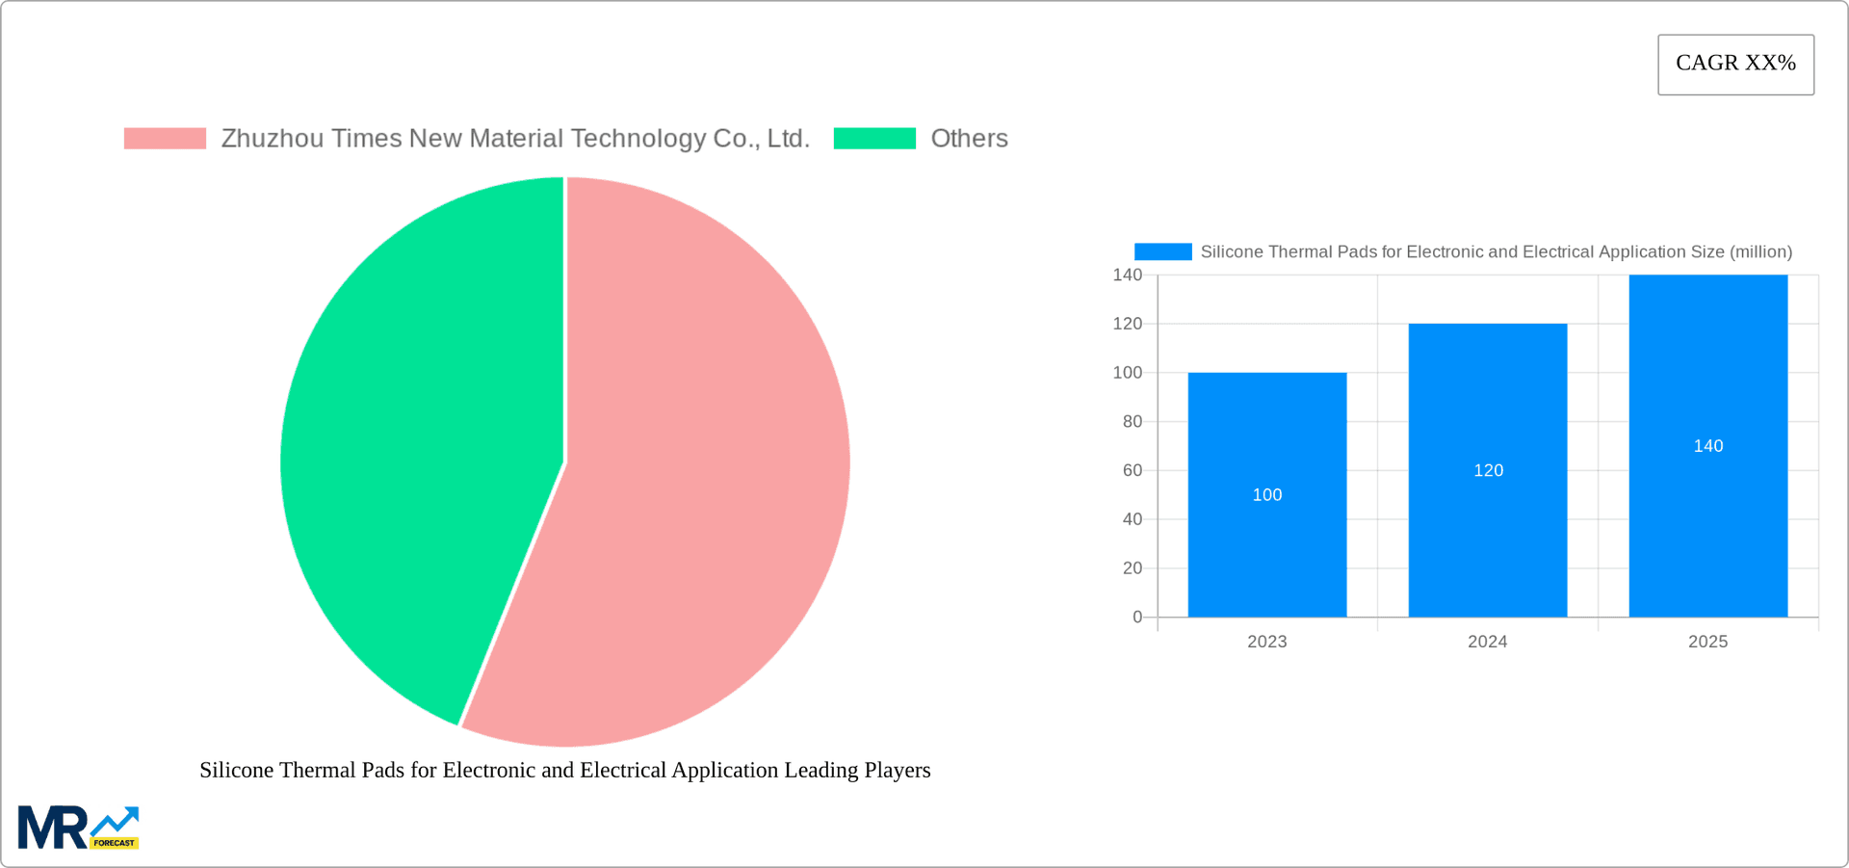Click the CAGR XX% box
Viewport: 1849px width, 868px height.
[1735, 65]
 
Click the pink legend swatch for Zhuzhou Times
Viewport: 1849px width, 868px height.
[165, 139]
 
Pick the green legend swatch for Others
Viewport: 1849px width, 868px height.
[874, 139]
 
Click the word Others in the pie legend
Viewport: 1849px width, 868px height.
[969, 139]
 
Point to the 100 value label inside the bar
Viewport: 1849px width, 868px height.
[1266, 495]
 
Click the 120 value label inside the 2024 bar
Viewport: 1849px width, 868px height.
[1488, 470]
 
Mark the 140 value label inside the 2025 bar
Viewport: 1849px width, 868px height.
[1707, 446]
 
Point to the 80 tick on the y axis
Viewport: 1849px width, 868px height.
[1132, 422]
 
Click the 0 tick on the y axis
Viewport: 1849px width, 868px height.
[1137, 618]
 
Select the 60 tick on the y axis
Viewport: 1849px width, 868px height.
[1132, 471]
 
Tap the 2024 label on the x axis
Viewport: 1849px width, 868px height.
[1487, 642]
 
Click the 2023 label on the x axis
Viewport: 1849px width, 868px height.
[1266, 642]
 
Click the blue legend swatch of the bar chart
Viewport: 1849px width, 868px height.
[1162, 251]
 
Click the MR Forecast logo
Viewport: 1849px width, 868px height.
[78, 828]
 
